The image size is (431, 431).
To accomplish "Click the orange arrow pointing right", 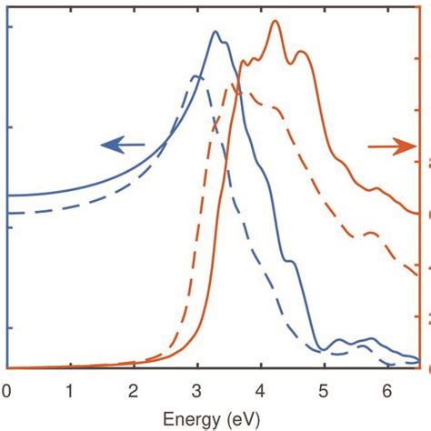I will click(x=388, y=148).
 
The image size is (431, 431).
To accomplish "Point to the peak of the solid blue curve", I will click(x=215, y=32).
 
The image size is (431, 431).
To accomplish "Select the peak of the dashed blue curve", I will click(x=196, y=75).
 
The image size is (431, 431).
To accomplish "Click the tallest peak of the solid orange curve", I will click(x=276, y=22).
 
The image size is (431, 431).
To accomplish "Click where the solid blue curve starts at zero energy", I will click(x=8, y=195).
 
